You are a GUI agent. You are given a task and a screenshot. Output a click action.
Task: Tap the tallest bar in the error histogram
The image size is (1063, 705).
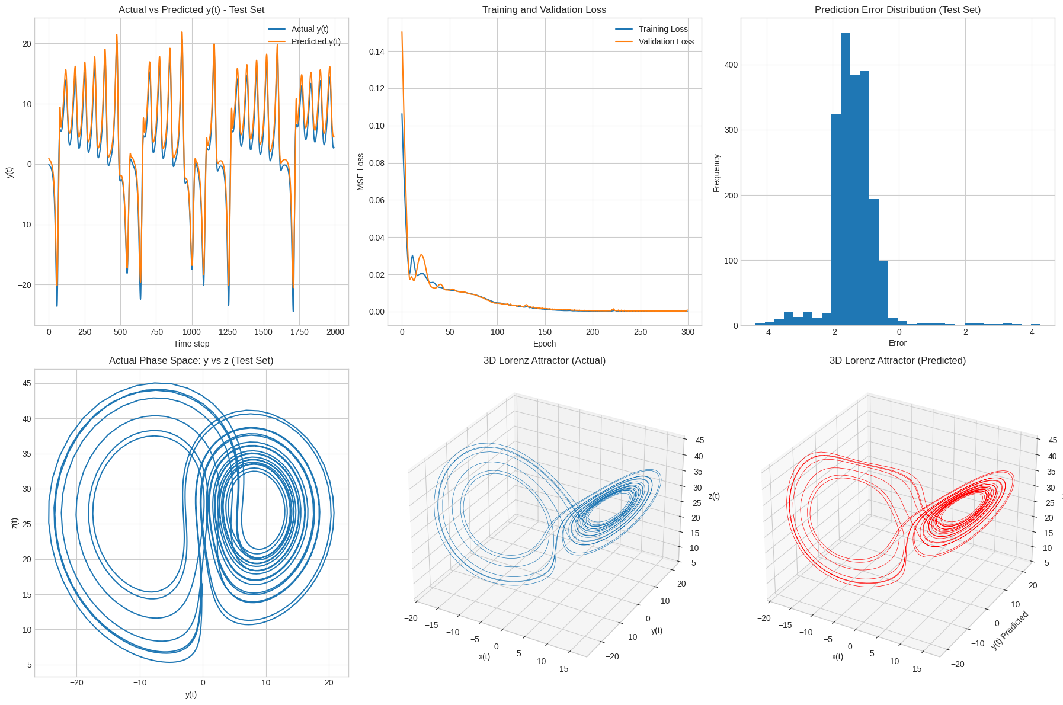click(x=846, y=178)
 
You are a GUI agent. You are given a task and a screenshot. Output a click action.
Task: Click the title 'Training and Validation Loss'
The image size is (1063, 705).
click(x=544, y=9)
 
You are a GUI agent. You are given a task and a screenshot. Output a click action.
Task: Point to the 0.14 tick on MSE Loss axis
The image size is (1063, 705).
click(x=376, y=52)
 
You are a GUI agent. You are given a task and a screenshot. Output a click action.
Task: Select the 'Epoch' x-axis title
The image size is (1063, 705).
click(x=544, y=344)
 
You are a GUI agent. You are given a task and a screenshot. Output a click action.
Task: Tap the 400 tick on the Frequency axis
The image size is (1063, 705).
click(x=731, y=65)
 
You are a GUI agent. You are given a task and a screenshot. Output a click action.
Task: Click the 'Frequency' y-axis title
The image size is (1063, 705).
click(x=716, y=173)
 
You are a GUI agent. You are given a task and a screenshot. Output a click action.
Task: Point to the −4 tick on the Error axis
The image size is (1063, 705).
click(x=766, y=332)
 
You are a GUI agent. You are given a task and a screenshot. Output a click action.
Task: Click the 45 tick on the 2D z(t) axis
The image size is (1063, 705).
click(x=27, y=383)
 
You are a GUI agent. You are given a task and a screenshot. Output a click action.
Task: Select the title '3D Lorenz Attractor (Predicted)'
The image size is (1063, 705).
click(x=897, y=360)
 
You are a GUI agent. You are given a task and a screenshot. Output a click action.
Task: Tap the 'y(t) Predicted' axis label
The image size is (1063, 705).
click(x=1010, y=630)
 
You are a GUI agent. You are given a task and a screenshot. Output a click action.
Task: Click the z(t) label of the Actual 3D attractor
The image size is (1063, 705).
click(x=714, y=496)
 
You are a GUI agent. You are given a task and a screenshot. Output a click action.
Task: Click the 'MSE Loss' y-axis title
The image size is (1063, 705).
click(x=360, y=172)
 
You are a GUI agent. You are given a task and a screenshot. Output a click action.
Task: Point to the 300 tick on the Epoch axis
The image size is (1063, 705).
click(x=687, y=332)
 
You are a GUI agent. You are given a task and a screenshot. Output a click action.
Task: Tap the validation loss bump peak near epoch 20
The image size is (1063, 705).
click(x=421, y=255)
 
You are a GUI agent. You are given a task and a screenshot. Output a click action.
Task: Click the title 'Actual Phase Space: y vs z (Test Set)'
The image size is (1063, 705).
click(x=191, y=360)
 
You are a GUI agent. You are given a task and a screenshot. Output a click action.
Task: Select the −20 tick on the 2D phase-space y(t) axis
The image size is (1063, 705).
click(x=76, y=682)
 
